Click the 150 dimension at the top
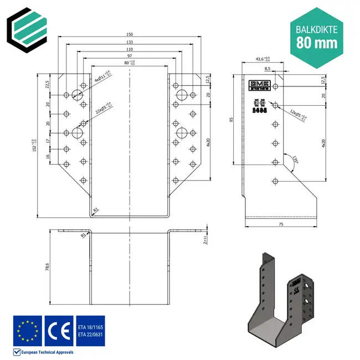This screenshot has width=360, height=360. tap(128, 34)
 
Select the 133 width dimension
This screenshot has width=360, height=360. tap(128, 42)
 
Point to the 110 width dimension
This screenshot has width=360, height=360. tap(128, 49)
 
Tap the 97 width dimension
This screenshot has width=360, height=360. tap(128, 56)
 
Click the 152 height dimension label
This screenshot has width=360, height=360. tap(34, 145)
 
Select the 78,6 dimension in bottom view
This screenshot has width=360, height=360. tap(48, 267)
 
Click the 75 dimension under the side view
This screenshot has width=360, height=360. tap(281, 224)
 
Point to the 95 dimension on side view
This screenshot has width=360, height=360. tap(231, 119)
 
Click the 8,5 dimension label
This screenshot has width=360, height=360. tap(268, 69)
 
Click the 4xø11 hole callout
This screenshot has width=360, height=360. tap(102, 76)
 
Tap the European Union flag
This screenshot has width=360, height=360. tap(27, 331)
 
